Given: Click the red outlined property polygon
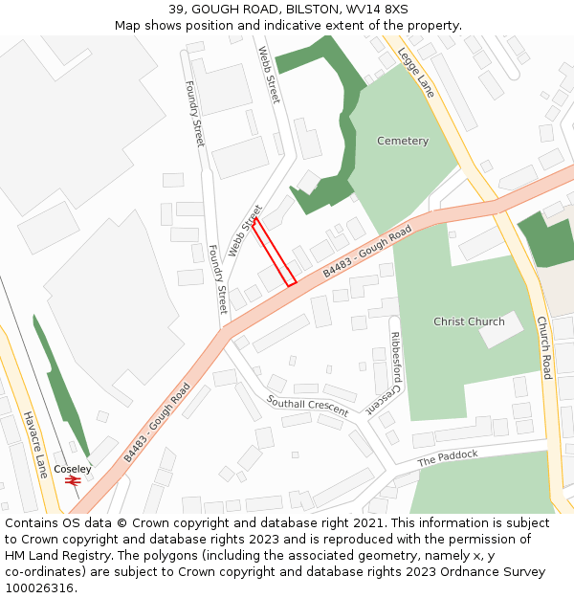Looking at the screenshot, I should coord(274,252).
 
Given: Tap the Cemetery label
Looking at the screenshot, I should coord(403,142).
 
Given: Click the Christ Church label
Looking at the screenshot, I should coord(469,321).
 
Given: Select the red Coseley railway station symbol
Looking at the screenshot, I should coord(73,480).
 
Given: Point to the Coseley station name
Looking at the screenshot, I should coord(73,469).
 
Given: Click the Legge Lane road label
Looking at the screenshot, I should coord(416,72).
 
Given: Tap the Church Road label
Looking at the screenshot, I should coord(543,347).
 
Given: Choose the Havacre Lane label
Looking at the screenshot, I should coord(35,445).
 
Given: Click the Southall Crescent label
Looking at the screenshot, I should coord(307,405).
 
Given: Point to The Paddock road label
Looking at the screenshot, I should coord(447,458).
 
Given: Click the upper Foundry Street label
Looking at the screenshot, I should coord(194,113).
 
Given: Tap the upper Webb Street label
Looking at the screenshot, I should coord(268,76).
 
